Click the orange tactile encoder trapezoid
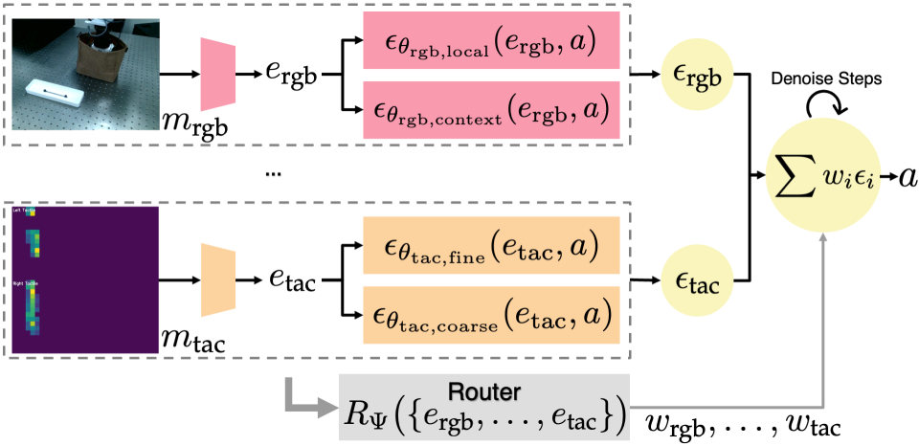point(219,279)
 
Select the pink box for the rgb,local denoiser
point(491,48)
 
